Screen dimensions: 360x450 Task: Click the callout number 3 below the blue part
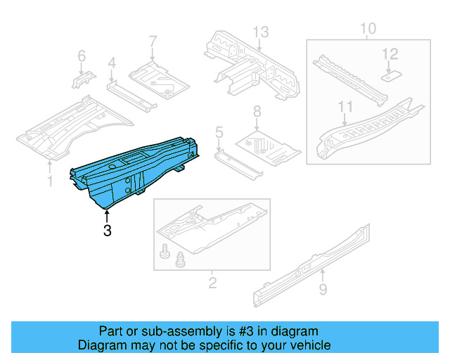(107, 230)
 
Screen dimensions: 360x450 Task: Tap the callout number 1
(49, 182)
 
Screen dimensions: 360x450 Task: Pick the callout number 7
(153, 41)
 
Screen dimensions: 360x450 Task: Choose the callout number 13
(261, 32)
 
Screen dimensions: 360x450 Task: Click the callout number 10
(368, 29)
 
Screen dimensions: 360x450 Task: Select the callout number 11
(345, 106)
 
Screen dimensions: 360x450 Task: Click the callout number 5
(219, 131)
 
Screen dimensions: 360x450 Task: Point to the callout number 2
(212, 283)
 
